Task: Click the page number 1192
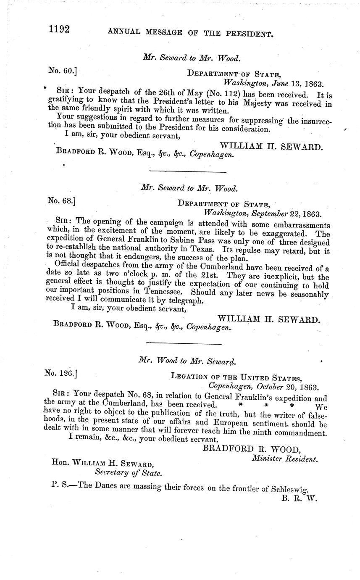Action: tap(59, 29)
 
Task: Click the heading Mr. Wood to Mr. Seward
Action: tap(187, 361)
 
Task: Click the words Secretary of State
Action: tap(128, 472)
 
